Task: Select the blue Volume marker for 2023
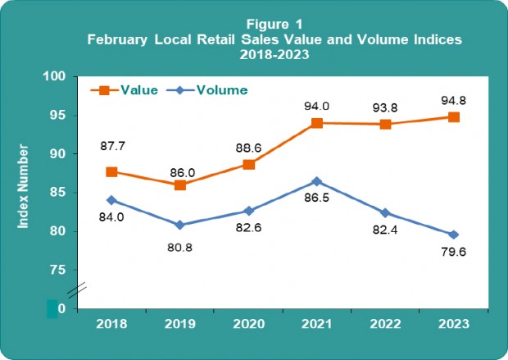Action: pyautogui.click(x=453, y=235)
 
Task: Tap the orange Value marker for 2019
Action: pyautogui.click(x=179, y=185)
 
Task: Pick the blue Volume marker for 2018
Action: pyautogui.click(x=111, y=200)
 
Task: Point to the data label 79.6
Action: pyautogui.click(x=453, y=263)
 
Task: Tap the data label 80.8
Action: pyautogui.click(x=179, y=244)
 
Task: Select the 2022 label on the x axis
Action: pyautogui.click(x=385, y=324)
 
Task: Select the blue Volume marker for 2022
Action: pyautogui.click(x=385, y=213)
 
